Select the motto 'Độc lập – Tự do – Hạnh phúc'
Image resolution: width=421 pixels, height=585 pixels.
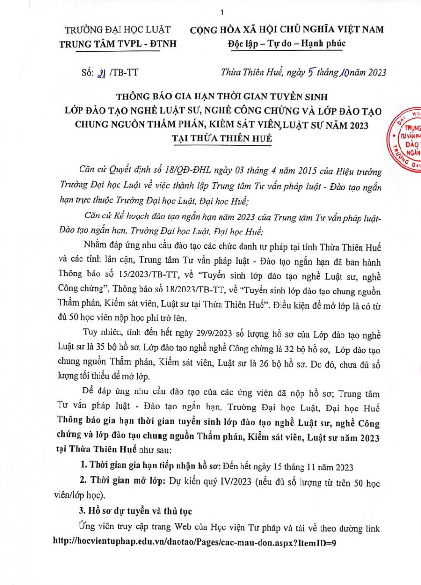tap(287, 43)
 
